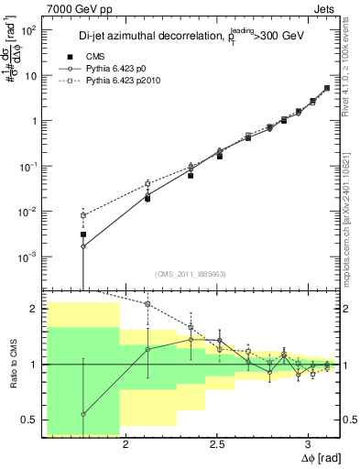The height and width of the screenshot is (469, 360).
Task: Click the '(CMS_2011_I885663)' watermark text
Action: coord(191,274)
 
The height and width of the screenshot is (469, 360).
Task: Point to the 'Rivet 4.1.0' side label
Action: coord(352,55)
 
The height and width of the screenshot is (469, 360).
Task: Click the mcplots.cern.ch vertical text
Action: coord(352,229)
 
